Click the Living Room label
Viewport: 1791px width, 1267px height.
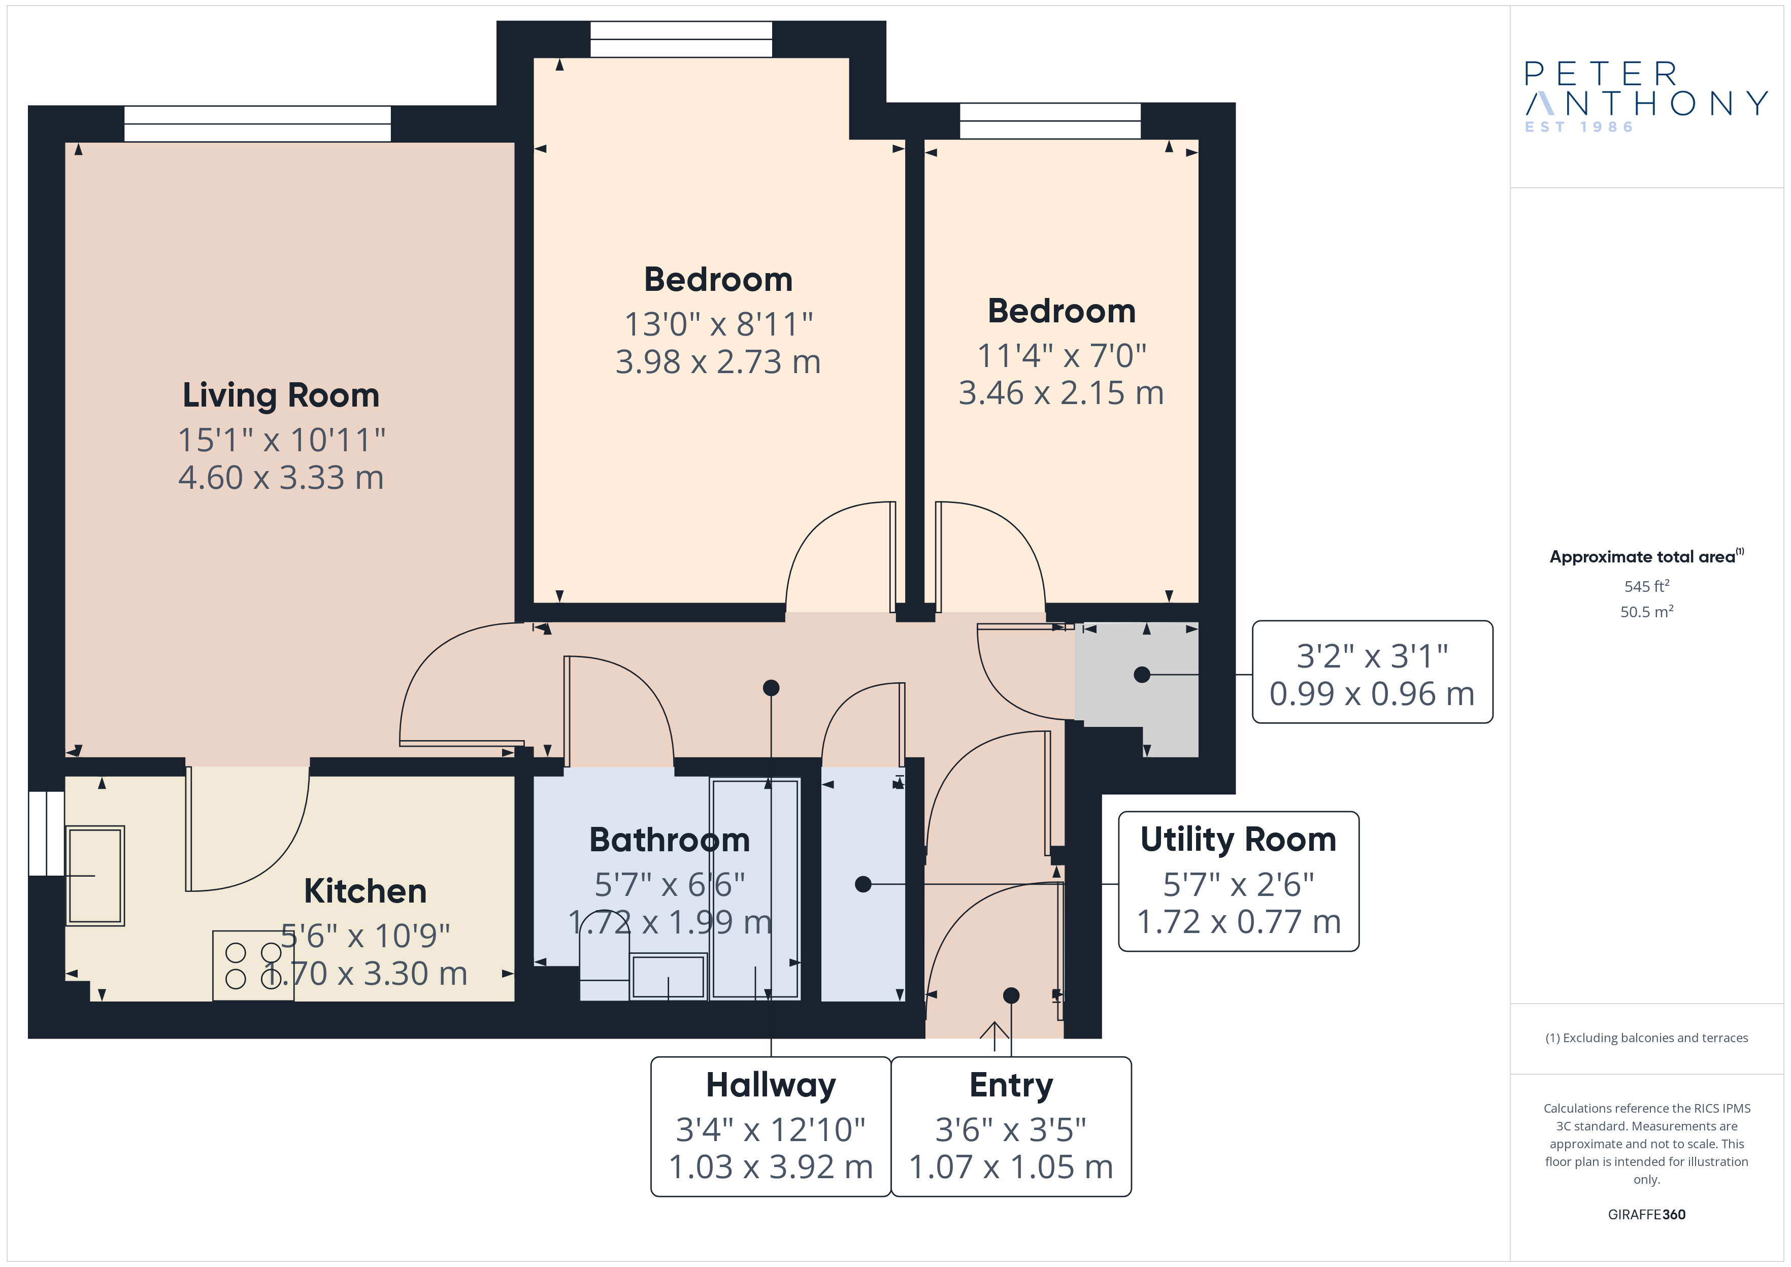(281, 395)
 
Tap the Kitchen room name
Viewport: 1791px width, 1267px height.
(365, 891)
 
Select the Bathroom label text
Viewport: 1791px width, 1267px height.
(669, 840)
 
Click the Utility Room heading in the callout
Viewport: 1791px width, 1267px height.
(1238, 840)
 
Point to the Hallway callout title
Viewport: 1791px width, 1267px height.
(771, 1085)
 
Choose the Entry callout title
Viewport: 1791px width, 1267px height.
(1011, 1085)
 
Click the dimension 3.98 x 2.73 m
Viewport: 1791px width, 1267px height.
(718, 362)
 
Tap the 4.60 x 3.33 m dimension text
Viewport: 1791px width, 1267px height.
(281, 478)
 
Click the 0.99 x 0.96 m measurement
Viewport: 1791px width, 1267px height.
(1372, 693)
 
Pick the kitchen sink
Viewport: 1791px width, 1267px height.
(95, 875)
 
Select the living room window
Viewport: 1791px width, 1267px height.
(257, 124)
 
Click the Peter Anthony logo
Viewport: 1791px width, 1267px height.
(1646, 97)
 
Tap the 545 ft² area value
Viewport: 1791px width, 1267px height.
(1647, 586)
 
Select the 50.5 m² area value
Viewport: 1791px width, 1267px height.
(1647, 612)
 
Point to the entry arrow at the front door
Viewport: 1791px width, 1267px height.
(994, 1030)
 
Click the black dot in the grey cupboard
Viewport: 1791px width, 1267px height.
(1142, 675)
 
